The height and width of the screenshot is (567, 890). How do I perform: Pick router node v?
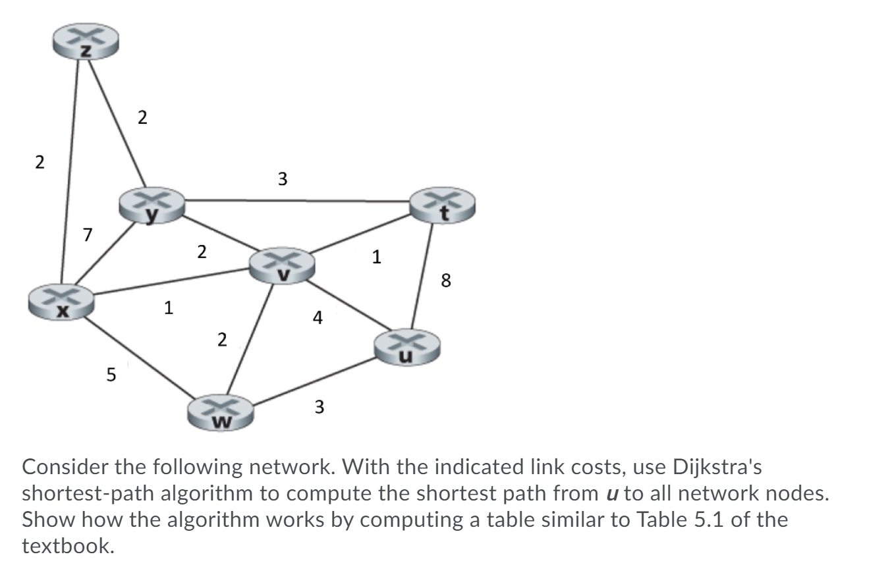282,265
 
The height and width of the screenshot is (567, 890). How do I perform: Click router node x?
61,302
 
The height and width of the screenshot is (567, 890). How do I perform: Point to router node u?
406,347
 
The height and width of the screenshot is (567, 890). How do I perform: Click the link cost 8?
446,281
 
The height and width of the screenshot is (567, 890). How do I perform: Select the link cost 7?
88,234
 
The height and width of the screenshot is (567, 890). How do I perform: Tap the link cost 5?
111,375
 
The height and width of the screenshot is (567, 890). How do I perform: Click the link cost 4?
318,319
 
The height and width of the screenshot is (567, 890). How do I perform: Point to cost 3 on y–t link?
282,178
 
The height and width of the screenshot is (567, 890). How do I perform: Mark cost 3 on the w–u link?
319,408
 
